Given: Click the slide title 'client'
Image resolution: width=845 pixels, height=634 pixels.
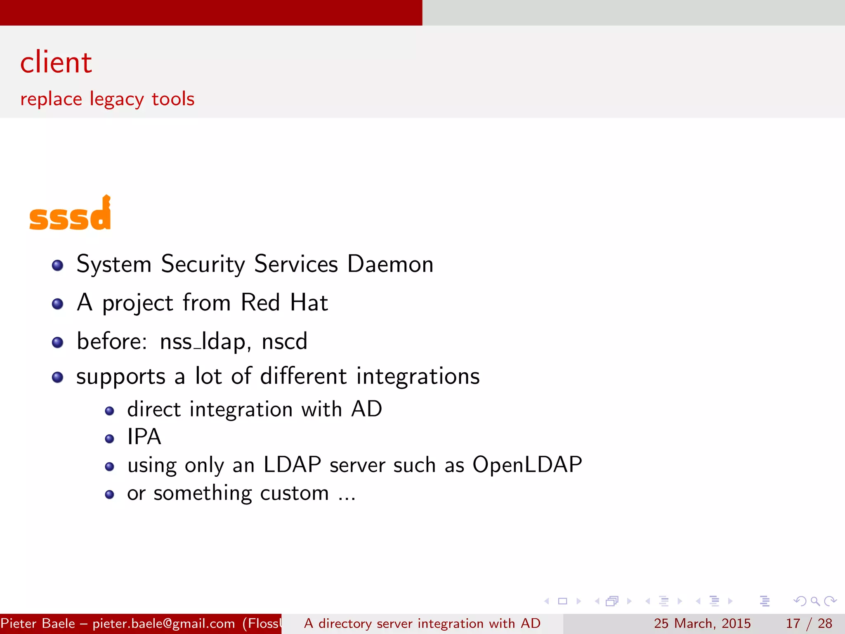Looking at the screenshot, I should [56, 63].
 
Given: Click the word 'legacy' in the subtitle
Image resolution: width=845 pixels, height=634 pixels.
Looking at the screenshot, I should [117, 99].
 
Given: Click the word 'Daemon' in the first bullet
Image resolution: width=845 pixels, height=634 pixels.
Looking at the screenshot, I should [390, 264].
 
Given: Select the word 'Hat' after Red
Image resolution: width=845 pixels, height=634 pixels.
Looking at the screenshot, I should [309, 303].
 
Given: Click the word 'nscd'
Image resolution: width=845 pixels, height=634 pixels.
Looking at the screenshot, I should [284, 342].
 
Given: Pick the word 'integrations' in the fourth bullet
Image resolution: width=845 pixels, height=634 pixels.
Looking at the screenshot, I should [418, 376].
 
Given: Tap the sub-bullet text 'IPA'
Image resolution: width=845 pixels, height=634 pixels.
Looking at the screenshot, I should [144, 437].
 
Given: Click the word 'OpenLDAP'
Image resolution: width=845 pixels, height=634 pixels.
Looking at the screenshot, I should [527, 465].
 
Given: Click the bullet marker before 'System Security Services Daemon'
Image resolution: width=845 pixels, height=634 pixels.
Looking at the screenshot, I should [58, 265].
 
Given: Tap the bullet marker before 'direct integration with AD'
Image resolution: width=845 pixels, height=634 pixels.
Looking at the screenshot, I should [109, 411].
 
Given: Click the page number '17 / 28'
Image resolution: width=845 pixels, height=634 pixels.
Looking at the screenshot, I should [809, 624].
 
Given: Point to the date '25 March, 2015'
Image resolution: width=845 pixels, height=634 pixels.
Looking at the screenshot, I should [702, 624].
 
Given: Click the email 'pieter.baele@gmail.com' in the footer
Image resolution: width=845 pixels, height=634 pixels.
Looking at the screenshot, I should [163, 624].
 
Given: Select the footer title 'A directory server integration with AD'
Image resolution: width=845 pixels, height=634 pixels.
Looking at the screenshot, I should [422, 624].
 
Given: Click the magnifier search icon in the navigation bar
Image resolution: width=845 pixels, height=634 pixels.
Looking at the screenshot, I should [815, 601].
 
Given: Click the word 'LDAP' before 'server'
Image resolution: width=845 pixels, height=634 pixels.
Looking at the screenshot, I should [292, 465].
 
